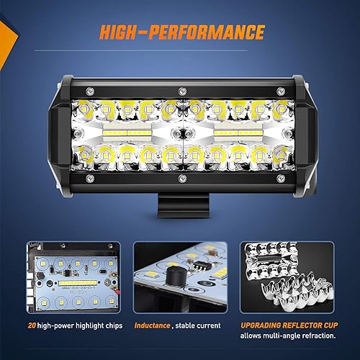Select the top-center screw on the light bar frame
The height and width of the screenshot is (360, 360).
[x=181, y=91]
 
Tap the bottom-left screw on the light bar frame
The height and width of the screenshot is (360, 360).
[x=89, y=177]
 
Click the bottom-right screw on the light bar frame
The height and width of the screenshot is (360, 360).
[x=272, y=177]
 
